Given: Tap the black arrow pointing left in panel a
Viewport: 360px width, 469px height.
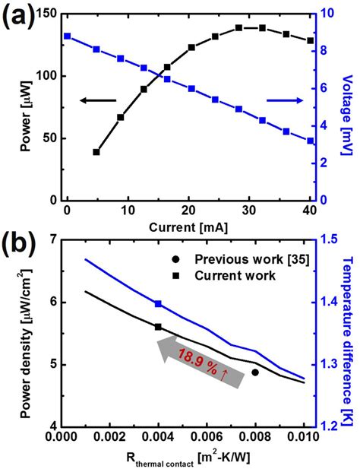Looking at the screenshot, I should click(x=98, y=100).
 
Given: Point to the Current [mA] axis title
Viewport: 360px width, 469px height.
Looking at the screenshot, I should click(x=188, y=226).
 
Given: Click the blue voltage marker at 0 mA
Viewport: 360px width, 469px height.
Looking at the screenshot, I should click(x=68, y=36).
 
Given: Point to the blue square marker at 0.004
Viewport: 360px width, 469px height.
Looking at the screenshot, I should click(x=158, y=303).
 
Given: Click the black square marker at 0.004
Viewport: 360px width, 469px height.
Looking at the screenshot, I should click(x=158, y=327).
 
